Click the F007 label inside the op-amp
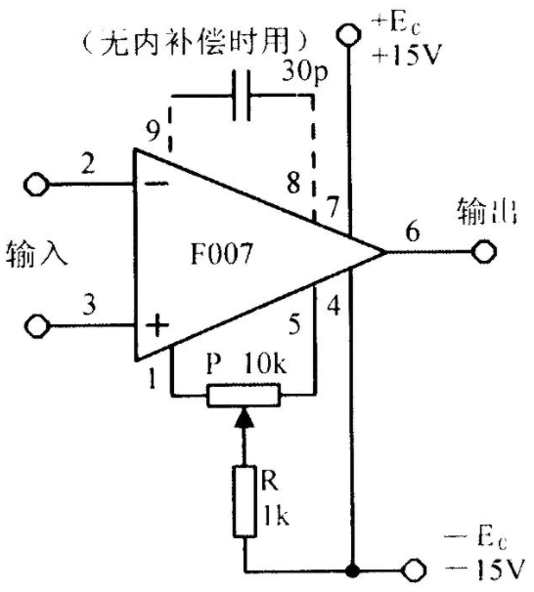pos(221,253)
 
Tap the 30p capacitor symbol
pos(242,95)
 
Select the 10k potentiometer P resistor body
pos(244,395)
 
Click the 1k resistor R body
pos(245,501)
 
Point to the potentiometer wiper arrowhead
pos(244,417)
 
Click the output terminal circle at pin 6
pos(484,251)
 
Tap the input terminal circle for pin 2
pos(36,185)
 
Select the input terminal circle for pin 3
pos(36,325)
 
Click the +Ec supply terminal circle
pos(348,35)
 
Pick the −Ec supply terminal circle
pos(414,571)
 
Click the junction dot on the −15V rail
pos(353,571)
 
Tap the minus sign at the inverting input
pos(156,184)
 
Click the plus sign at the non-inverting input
pos(156,325)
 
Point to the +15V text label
pos(407,56)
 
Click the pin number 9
pos(153,131)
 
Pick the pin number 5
pos(294,323)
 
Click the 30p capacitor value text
pos(304,71)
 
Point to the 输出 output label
pos(487,213)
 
